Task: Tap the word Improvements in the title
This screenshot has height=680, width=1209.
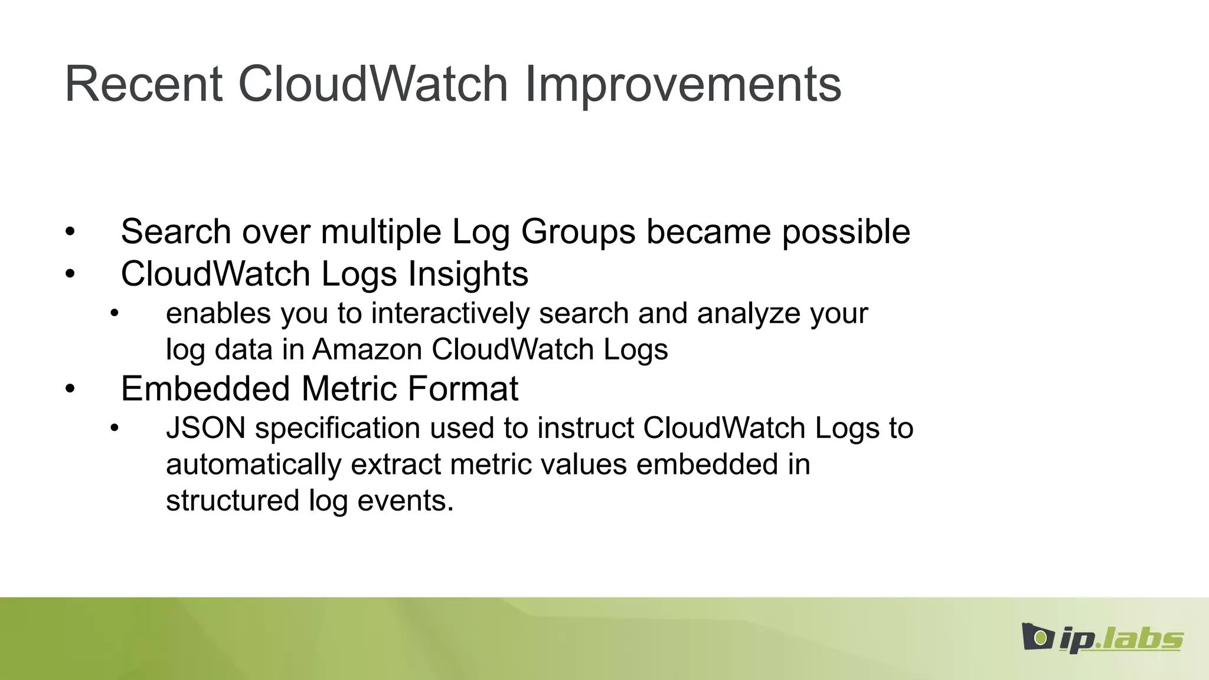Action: (x=682, y=84)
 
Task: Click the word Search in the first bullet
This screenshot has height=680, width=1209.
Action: (x=176, y=231)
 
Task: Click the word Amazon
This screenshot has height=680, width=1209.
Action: (x=367, y=349)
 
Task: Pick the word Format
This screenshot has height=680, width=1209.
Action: (x=462, y=388)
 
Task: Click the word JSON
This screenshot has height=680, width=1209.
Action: (x=205, y=428)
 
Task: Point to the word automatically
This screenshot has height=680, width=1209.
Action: (x=253, y=464)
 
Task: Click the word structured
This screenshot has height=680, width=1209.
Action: (x=233, y=501)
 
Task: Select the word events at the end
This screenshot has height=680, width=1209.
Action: (x=405, y=501)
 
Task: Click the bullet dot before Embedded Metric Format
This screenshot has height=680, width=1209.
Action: (x=70, y=389)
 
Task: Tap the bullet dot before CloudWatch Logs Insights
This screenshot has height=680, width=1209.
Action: (x=70, y=274)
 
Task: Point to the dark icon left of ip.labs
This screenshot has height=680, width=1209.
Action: (x=1037, y=637)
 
